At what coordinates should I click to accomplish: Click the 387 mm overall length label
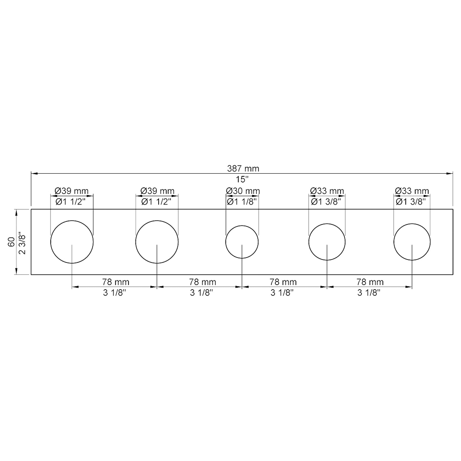point(243,169)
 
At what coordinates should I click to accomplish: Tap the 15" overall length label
point(242,180)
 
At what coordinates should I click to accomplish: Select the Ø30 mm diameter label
point(243,191)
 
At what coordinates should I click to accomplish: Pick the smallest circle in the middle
point(242,242)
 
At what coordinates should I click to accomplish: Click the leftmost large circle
point(72,242)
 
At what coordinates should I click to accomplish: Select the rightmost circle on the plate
point(412,242)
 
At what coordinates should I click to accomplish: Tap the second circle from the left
point(157,242)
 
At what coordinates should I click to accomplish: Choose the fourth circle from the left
point(327,242)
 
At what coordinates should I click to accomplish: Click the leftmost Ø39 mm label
point(71,191)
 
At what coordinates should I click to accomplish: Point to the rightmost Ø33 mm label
point(412,191)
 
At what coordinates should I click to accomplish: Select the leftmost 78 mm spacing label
point(116,282)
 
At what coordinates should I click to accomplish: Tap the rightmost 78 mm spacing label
point(370,282)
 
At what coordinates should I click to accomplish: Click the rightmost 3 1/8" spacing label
point(369,293)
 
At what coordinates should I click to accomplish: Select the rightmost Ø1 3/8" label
point(411,202)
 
